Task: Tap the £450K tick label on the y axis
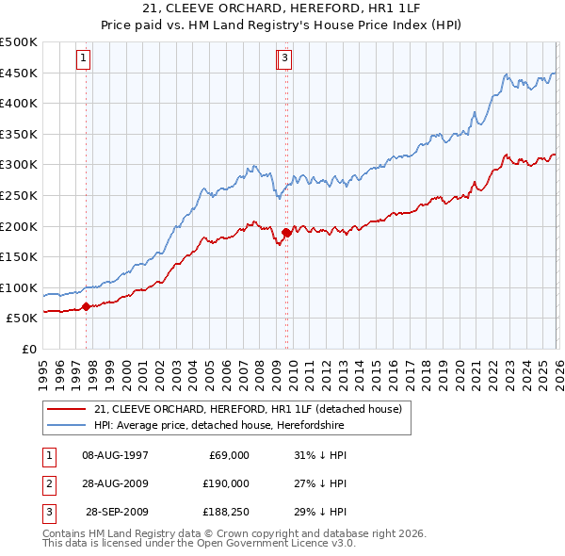[19, 73]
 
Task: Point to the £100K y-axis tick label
[19, 287]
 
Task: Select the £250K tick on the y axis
[19, 195]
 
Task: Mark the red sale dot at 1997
[86, 306]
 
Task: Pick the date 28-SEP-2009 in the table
[117, 512]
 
